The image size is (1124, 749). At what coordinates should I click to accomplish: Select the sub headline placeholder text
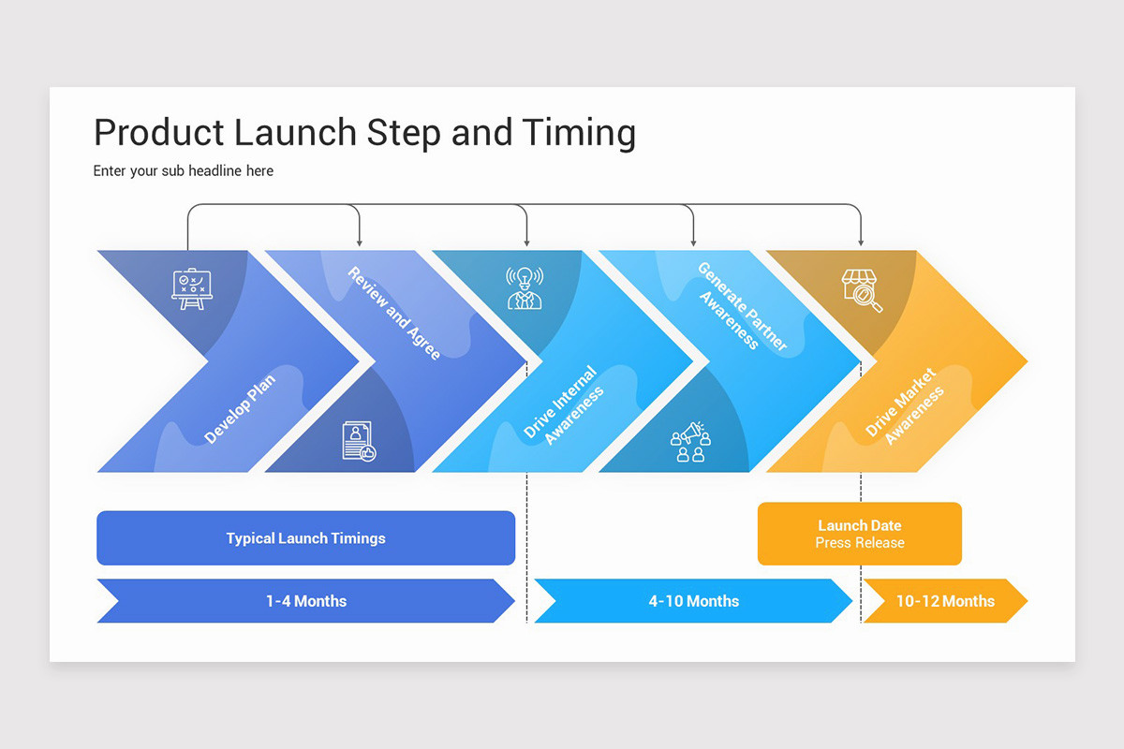(184, 171)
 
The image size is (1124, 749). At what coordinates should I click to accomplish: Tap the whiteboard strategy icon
(192, 288)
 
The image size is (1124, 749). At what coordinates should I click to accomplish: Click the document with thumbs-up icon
(358, 441)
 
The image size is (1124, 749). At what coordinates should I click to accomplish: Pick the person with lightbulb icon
(525, 288)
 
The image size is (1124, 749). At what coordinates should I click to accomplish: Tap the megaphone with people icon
(691, 441)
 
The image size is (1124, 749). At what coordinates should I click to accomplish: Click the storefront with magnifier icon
(861, 290)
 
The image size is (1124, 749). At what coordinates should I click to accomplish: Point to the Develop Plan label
(240, 409)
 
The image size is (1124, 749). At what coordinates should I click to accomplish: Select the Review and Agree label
(393, 314)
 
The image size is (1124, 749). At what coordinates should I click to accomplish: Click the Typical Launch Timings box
(305, 538)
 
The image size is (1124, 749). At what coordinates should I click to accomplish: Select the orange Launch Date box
(859, 534)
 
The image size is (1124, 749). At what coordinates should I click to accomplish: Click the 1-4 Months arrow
(305, 601)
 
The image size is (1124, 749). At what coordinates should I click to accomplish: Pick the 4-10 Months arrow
(693, 601)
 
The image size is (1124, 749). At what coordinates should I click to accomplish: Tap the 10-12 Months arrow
(944, 601)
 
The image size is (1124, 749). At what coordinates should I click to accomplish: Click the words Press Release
(859, 543)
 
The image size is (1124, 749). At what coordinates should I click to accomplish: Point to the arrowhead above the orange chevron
(861, 242)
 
